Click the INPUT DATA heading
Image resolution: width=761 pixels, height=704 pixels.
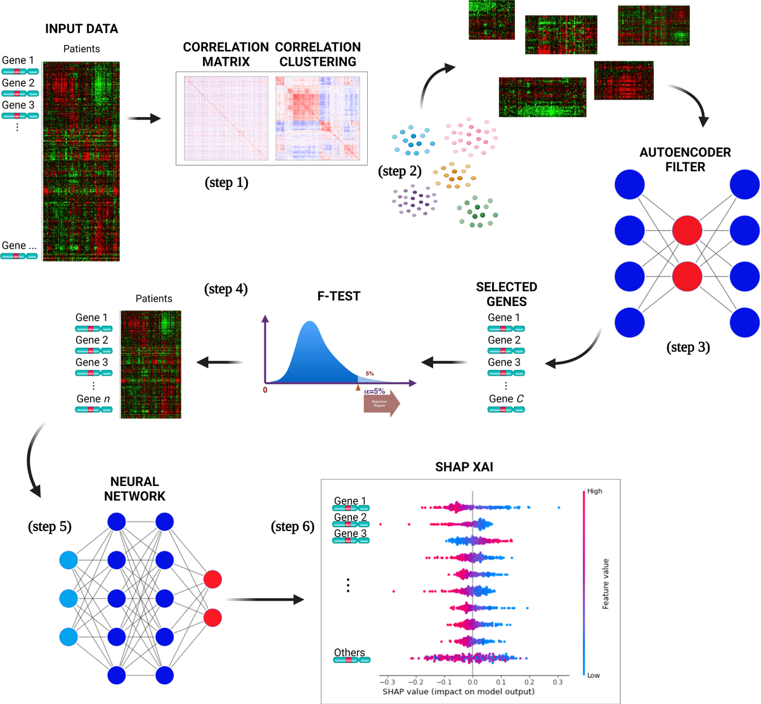(x=81, y=29)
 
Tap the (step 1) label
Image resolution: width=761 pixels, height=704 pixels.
(x=226, y=182)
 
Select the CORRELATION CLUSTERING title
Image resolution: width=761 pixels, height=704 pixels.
(x=318, y=54)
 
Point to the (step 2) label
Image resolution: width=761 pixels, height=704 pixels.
(x=400, y=171)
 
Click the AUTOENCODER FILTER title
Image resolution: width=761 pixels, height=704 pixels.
(x=685, y=160)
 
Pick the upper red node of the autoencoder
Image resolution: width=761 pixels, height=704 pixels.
(x=687, y=231)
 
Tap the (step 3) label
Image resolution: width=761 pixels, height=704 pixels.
(x=688, y=347)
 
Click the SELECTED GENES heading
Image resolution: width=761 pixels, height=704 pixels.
(x=506, y=294)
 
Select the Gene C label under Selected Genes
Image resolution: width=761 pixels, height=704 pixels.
(x=506, y=399)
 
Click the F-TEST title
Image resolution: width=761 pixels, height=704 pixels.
(x=339, y=296)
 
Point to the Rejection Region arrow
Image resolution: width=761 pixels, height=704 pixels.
(x=381, y=403)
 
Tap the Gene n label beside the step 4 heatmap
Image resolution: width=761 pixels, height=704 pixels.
(x=93, y=399)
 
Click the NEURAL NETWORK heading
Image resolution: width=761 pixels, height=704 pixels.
(x=134, y=489)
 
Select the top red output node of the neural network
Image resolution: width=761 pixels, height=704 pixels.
(x=213, y=579)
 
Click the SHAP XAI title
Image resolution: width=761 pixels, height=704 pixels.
(x=464, y=467)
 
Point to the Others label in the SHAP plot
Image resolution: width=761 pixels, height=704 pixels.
(x=349, y=653)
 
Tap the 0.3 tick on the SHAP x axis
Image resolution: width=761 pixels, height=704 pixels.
(x=557, y=682)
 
